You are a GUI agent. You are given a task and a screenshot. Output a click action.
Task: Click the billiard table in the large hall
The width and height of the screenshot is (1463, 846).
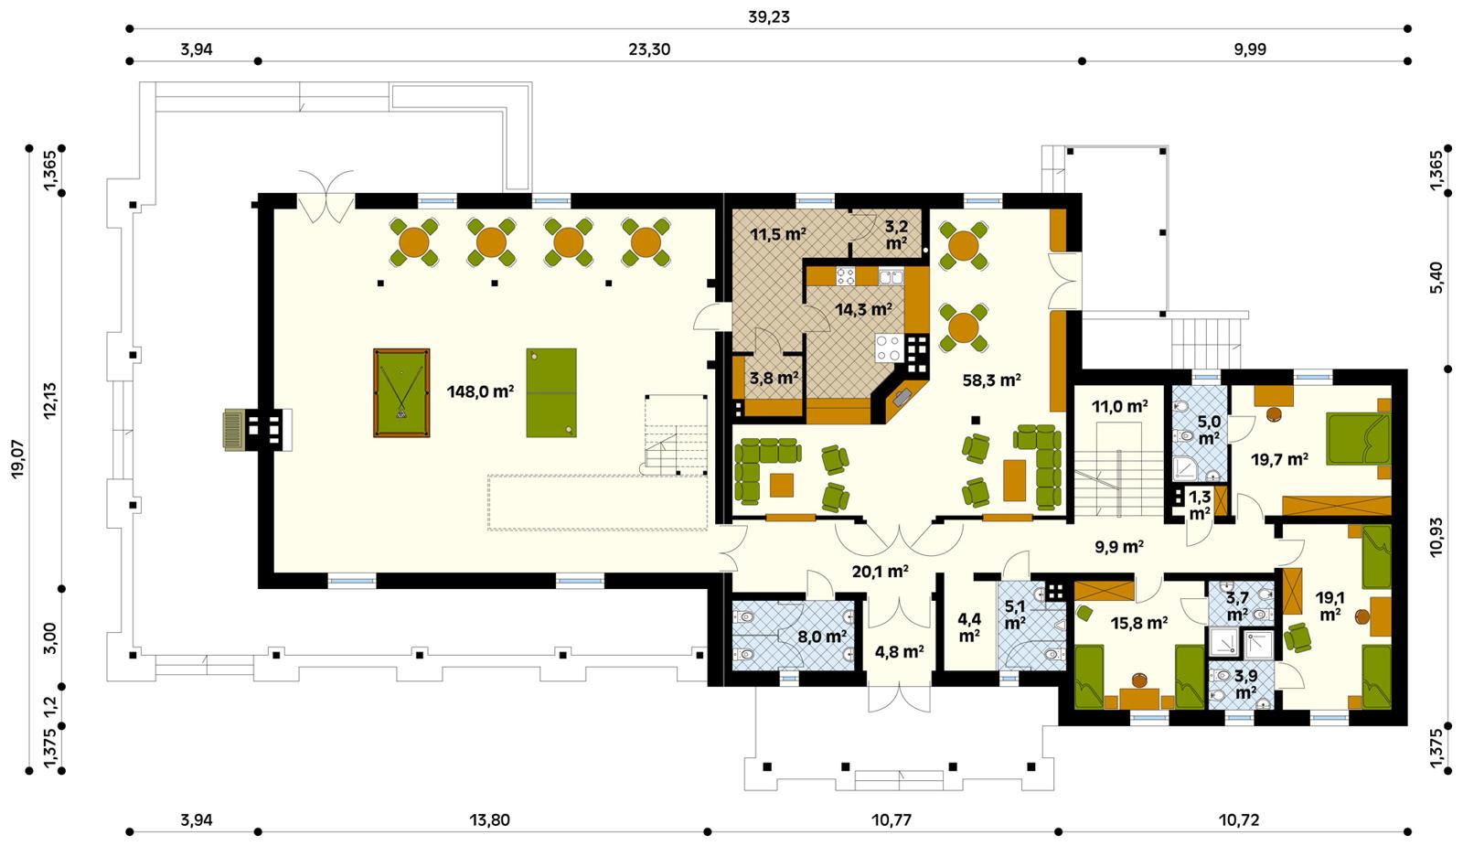coord(401,392)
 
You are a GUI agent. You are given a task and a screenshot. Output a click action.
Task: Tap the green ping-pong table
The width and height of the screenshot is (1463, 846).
coord(551,391)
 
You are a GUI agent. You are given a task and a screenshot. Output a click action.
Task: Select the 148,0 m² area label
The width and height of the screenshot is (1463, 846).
coord(480,391)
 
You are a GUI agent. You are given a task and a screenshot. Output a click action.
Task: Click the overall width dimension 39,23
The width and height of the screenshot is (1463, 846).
coord(769,16)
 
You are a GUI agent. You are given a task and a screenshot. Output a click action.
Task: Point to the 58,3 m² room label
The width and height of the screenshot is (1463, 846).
coord(991,379)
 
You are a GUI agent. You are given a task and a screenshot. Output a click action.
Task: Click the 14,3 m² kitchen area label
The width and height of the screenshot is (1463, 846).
coord(863,310)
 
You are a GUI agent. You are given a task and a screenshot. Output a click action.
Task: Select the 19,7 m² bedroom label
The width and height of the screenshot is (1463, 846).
coord(1277,459)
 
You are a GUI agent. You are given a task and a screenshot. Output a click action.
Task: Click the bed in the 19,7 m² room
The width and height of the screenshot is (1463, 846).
coord(1357,440)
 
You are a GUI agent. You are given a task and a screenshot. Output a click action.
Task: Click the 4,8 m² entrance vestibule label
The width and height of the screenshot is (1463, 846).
coord(899,652)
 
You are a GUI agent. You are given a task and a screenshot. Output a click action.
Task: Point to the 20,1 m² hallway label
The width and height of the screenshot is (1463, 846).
coord(880,572)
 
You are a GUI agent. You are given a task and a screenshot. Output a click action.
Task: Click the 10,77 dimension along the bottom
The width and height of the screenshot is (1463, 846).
coord(891,820)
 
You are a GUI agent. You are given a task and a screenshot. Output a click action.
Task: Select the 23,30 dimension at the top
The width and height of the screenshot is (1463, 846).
coord(649,49)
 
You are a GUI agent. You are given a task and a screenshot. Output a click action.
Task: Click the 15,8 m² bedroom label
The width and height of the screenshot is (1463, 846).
coord(1139,624)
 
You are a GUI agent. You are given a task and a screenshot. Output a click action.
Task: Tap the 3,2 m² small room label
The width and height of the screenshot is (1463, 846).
coord(895,233)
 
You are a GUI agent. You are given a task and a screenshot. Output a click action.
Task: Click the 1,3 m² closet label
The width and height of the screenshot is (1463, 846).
coord(1199,505)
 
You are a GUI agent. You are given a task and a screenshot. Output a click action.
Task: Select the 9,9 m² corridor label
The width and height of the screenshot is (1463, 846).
coord(1120,548)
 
